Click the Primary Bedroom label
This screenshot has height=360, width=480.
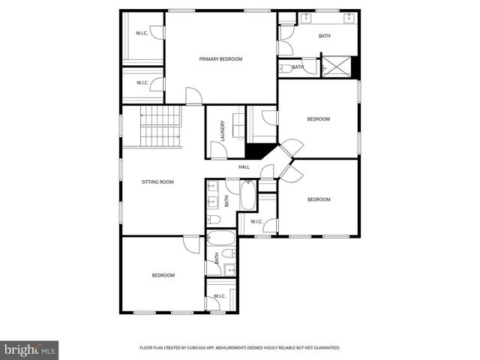220,59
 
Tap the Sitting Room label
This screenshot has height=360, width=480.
157,181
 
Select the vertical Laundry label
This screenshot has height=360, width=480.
223,131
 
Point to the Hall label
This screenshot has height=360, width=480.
244,166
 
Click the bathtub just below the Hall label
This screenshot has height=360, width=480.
247,199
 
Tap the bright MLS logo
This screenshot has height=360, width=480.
30,349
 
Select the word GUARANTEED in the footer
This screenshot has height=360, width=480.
323,348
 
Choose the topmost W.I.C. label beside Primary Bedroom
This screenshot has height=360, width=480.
142,33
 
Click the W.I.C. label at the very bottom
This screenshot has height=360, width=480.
220,296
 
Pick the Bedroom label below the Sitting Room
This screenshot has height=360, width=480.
163,275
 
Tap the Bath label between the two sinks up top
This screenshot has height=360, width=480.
324,36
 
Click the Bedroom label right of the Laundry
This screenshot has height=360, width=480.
319,119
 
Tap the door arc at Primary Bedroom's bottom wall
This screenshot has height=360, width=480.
193,94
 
